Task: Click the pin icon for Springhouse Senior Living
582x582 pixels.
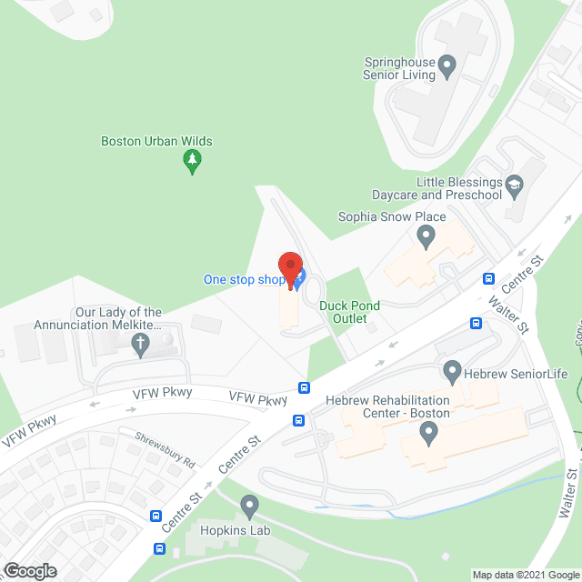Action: coord(447,65)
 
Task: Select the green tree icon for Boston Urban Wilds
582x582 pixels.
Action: coord(192,162)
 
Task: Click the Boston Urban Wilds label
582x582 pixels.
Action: coord(156,141)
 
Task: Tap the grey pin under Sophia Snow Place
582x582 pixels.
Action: coord(425,237)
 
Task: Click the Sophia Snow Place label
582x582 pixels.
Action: coord(392,216)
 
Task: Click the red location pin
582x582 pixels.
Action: coord(290,269)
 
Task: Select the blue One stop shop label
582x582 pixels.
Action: coord(243,279)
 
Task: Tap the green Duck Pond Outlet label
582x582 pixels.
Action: coord(349,312)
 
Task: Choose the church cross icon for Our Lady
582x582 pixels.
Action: coord(140,344)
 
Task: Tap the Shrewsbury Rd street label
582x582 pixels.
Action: coord(165,437)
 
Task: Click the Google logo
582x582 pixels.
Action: coord(29,571)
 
